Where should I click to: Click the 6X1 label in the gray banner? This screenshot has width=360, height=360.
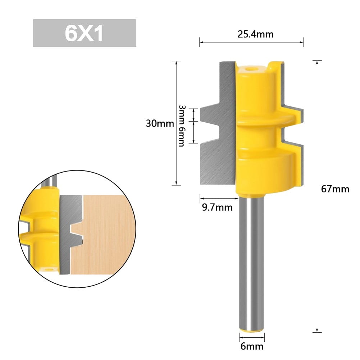84,33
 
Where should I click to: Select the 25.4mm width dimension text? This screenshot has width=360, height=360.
256,35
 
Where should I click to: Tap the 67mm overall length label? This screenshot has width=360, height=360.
335,189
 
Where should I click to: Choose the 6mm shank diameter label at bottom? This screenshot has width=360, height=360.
252,346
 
